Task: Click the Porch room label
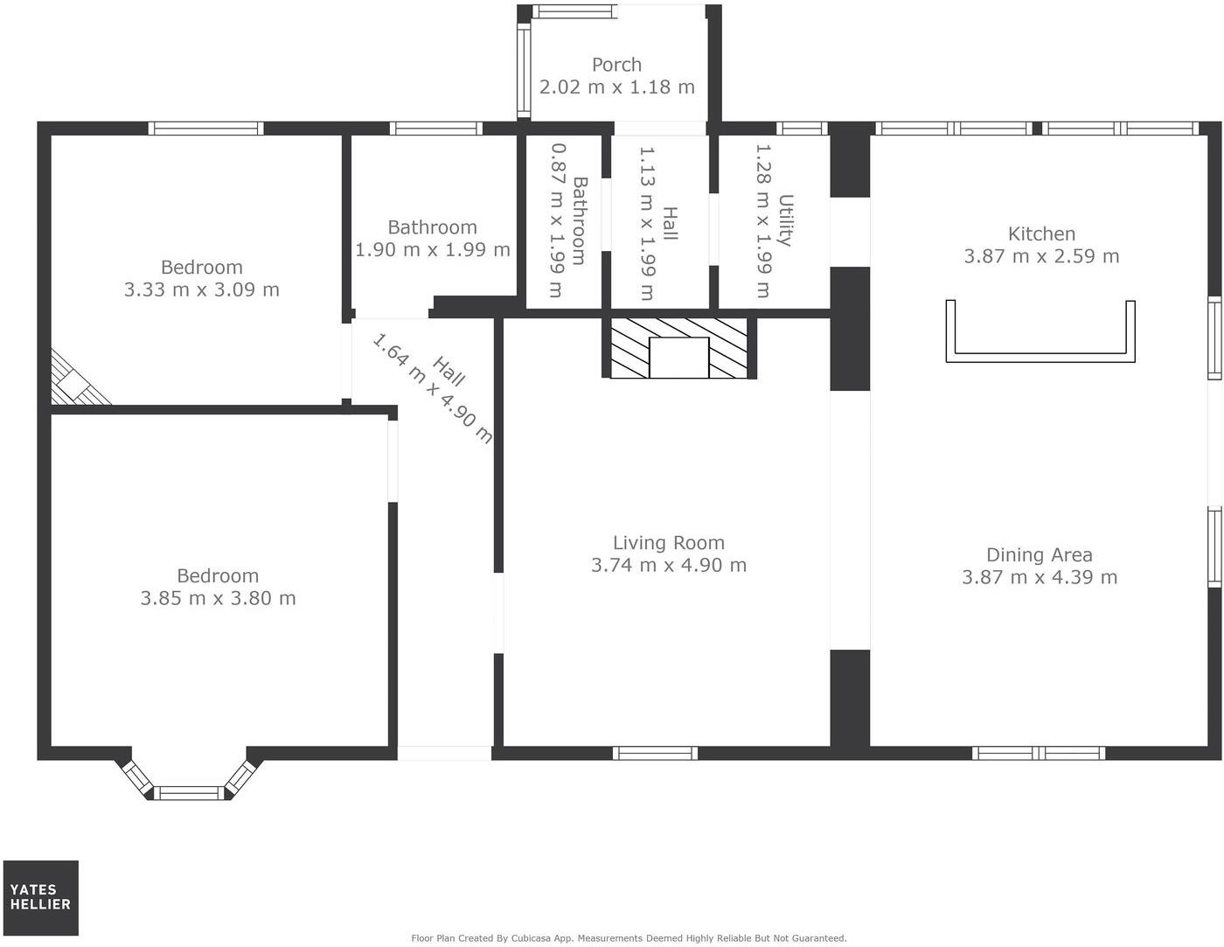[x=616, y=65]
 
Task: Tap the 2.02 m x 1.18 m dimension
[x=616, y=87]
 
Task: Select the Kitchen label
[x=1041, y=233]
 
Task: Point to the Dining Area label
[x=1039, y=554]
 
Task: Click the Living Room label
[x=668, y=542]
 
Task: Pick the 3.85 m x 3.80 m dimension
[x=218, y=598]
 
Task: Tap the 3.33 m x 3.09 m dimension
[x=201, y=289]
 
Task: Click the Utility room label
[x=785, y=220]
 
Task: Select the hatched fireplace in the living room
[x=678, y=348]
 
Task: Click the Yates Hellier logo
[x=40, y=897]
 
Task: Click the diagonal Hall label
[x=449, y=371]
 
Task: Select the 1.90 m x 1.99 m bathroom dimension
[x=432, y=250]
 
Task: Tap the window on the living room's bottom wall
[x=655, y=753]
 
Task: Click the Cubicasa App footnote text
[x=629, y=938]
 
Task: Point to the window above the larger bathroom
[x=436, y=129]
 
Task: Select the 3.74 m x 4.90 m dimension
[x=668, y=565]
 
